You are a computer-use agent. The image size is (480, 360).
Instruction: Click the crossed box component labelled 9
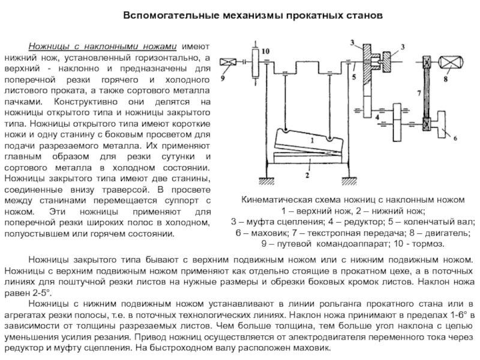[x=229, y=62]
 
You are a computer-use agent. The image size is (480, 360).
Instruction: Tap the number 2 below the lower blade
[x=307, y=176]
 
